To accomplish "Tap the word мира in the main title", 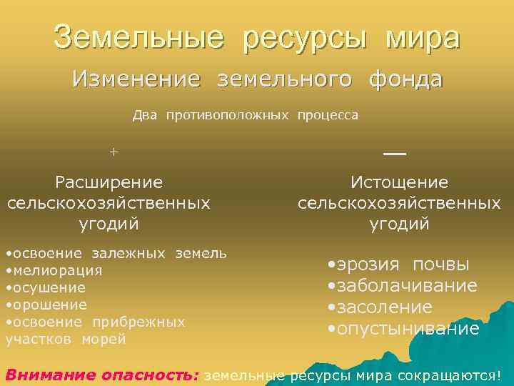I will point(423,38).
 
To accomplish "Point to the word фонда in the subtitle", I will point(405,79).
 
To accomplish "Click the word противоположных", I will point(228,115).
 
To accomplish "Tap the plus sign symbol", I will point(113,152).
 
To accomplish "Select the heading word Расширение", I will point(109,183).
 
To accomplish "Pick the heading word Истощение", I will point(399,183).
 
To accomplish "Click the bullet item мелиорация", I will point(56,271).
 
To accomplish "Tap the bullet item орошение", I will point(49,305).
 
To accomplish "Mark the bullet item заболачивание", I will point(406,286).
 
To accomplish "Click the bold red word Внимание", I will point(50,375).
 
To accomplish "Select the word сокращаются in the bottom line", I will point(450,375).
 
